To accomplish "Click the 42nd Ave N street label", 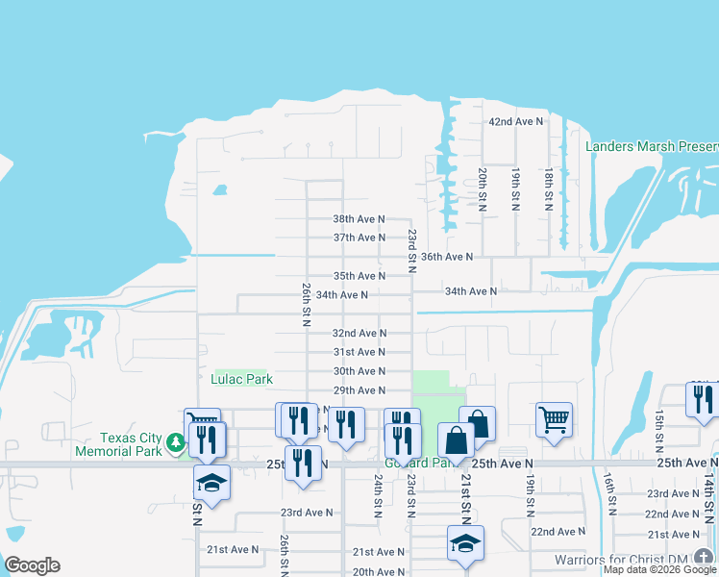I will [x=515, y=122].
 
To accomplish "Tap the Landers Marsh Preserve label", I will [x=652, y=146].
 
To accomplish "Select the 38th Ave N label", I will [x=359, y=218].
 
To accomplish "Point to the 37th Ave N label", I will [x=359, y=238].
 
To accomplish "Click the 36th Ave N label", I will [x=447, y=257].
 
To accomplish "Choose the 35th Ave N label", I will [x=359, y=276].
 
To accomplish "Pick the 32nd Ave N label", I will [x=359, y=333].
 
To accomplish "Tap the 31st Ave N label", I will [x=359, y=352].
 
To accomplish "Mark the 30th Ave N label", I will [x=359, y=371].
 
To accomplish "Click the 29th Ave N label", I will [x=359, y=390].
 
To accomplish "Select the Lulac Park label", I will [x=242, y=379].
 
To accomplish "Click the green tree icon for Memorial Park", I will [x=175, y=442].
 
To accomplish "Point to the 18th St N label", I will [x=549, y=189].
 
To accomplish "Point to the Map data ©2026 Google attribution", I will [x=659, y=569].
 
